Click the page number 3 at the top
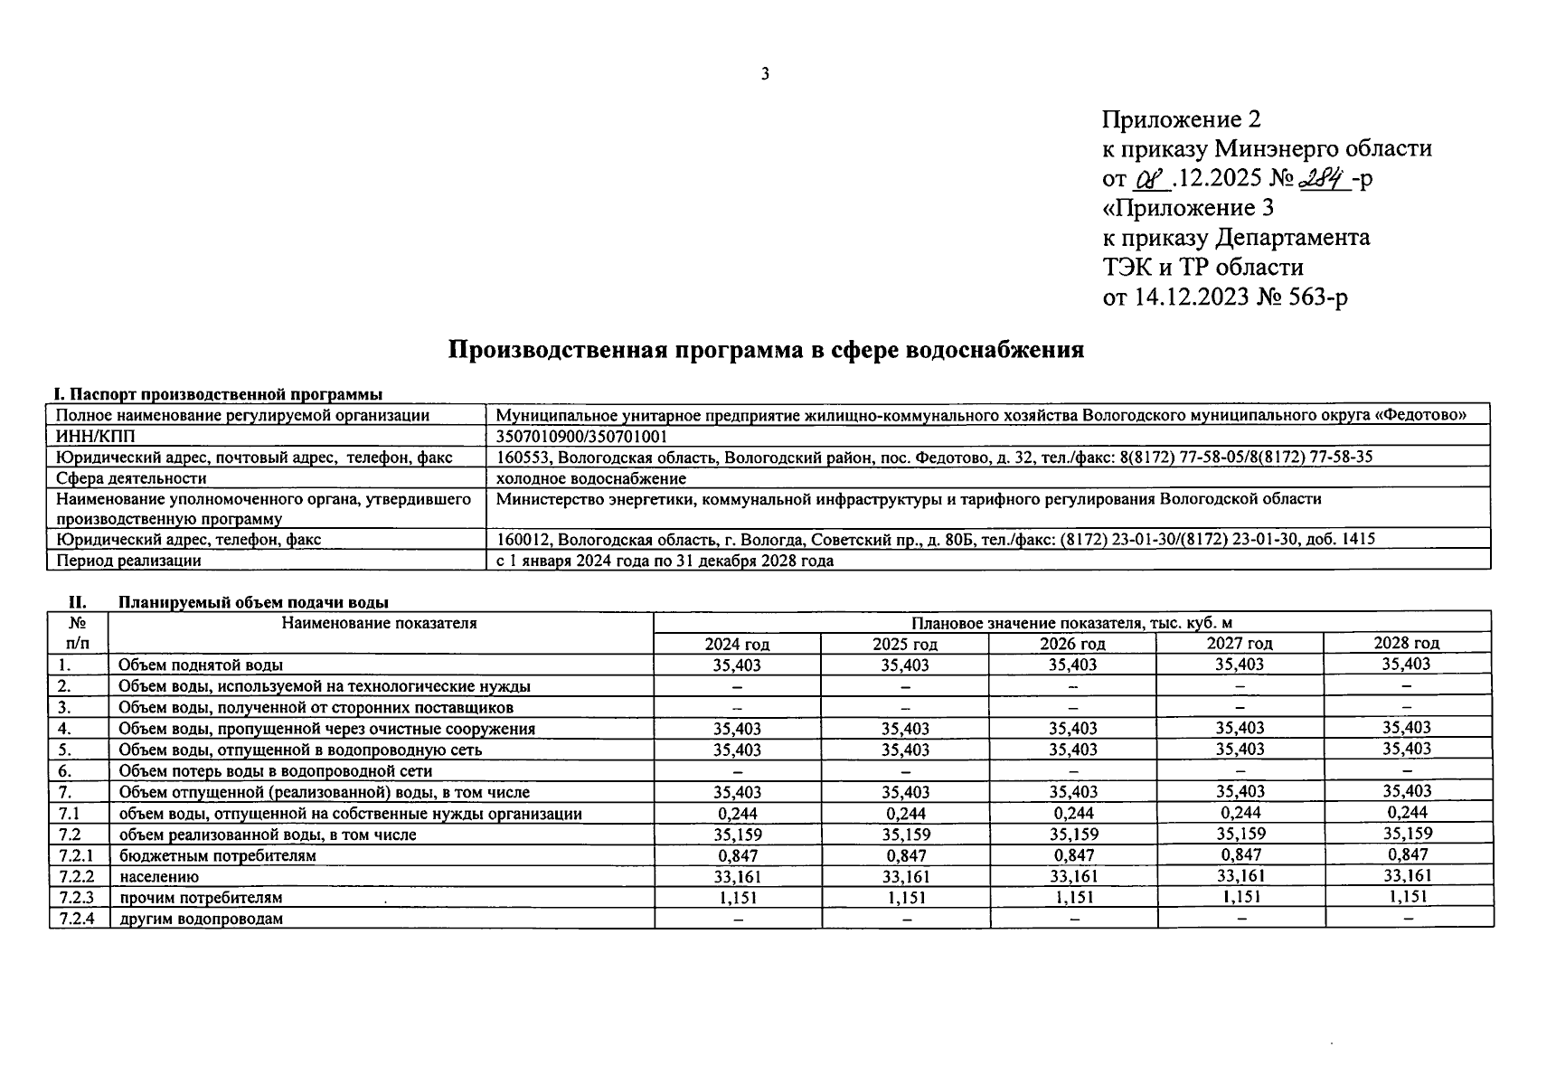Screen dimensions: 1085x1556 765,74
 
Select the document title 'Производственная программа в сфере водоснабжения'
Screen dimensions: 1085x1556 766,350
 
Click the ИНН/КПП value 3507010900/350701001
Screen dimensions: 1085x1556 582,436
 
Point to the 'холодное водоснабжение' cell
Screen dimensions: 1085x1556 591,478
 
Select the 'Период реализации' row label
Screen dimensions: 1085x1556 128,561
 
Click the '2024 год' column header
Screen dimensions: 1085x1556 737,644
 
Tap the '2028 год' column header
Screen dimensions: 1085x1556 1406,643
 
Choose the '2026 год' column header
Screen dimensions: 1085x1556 1072,644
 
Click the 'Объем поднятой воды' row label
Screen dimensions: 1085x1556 201,665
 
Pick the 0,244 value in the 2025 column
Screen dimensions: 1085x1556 905,813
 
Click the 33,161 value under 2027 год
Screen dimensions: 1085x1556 1240,875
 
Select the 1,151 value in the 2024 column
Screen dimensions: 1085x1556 737,898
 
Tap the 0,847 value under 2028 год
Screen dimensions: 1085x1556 1407,854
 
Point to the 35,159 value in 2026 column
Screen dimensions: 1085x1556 1073,834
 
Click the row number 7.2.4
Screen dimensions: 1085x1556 77,919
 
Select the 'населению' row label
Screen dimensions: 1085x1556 159,876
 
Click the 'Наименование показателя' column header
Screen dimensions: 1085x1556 379,623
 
